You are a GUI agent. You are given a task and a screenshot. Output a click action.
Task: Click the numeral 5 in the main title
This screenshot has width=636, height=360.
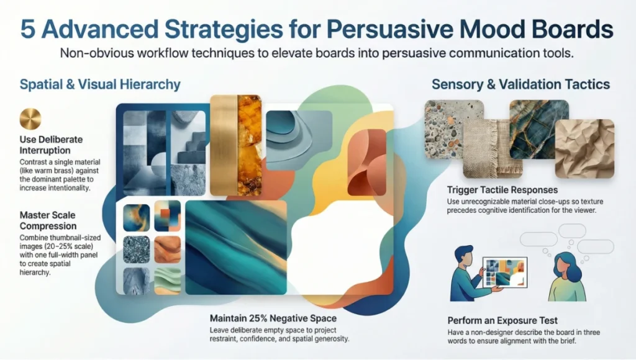(x=29, y=30)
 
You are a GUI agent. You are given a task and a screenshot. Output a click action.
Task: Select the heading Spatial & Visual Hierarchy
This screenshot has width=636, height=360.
(x=100, y=84)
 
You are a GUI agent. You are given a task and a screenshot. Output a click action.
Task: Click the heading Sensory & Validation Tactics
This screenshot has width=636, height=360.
(x=520, y=84)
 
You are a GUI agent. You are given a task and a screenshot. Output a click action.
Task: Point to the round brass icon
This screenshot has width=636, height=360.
(x=30, y=119)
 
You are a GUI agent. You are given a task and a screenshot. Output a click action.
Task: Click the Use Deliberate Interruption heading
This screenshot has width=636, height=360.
(x=51, y=144)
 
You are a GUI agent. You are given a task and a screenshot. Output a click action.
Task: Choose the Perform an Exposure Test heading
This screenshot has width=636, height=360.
(x=502, y=320)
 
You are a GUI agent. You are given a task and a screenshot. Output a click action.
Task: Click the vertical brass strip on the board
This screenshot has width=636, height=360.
(x=224, y=145)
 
